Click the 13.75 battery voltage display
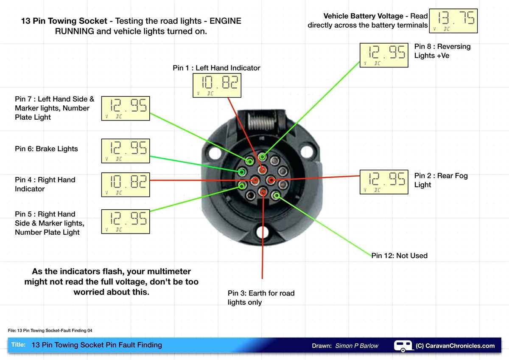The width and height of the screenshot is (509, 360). pyautogui.click(x=453, y=21)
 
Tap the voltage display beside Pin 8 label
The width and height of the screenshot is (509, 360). pyautogui.click(x=384, y=55)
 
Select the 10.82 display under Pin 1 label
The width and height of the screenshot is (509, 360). pyautogui.click(x=217, y=85)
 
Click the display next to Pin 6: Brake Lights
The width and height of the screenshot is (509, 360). pyautogui.click(x=125, y=151)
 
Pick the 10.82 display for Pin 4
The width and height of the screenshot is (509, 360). pyautogui.click(x=125, y=184)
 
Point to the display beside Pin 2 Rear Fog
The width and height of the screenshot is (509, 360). pyautogui.click(x=384, y=182)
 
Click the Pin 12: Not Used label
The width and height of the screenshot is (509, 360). pyautogui.click(x=400, y=256)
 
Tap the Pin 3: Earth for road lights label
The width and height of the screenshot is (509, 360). pyautogui.click(x=260, y=298)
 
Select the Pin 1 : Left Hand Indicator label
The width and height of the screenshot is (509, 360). pyautogui.click(x=216, y=68)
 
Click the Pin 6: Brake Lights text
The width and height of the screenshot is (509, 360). pyautogui.click(x=46, y=149)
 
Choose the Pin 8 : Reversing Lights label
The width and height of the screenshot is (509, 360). pyautogui.click(x=442, y=51)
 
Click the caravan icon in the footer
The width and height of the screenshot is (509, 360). pyautogui.click(x=403, y=346)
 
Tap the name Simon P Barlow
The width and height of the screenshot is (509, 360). pyautogui.click(x=356, y=346)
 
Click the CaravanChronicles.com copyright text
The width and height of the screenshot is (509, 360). pyautogui.click(x=455, y=346)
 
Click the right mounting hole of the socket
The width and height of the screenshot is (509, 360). pyautogui.click(x=307, y=151)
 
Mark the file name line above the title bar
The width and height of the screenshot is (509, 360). pyautogui.click(x=50, y=330)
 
